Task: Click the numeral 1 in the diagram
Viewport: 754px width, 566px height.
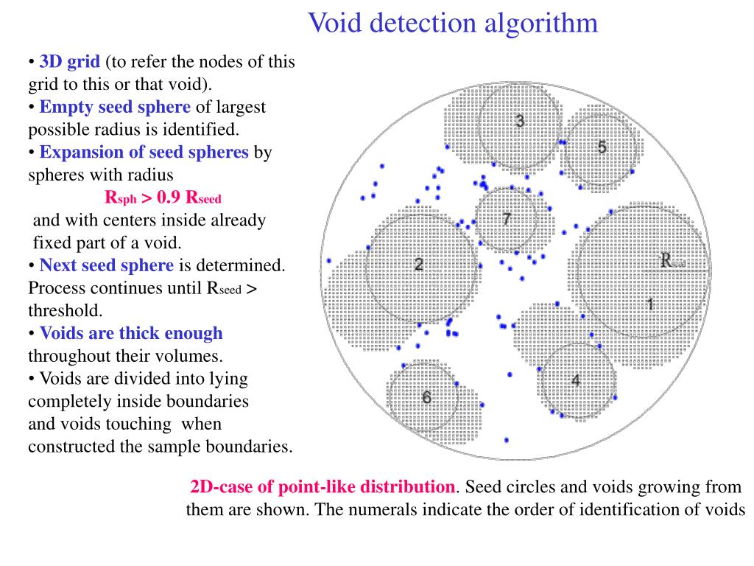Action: point(650,304)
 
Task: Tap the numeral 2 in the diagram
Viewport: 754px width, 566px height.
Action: point(418,265)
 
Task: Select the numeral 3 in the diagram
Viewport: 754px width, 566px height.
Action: point(520,121)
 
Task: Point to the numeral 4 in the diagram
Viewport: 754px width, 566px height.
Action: point(576,381)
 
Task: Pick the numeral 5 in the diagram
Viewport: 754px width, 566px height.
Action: point(602,147)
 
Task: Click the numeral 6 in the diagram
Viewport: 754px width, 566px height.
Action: point(426,398)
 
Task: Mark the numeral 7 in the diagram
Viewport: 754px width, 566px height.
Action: point(507,219)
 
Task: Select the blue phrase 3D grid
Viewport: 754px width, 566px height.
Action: point(69,62)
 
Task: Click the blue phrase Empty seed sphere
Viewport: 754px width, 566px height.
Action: point(115,107)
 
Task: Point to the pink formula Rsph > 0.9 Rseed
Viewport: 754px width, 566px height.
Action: point(163,198)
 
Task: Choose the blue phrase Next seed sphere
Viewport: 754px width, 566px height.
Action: point(107,265)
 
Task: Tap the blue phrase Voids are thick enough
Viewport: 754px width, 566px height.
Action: point(131,333)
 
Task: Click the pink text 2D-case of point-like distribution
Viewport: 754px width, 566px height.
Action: point(323,487)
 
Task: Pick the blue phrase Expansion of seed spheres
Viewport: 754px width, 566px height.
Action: point(144,152)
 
